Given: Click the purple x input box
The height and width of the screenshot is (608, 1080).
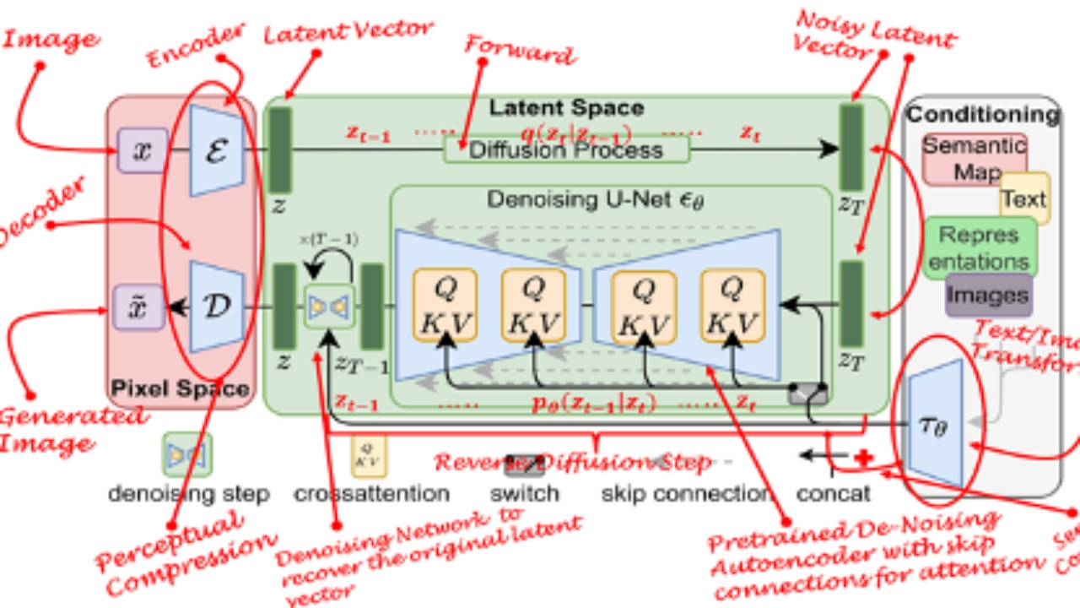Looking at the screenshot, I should point(143,150).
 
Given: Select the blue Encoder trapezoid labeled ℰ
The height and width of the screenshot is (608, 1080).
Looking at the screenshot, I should point(217,151).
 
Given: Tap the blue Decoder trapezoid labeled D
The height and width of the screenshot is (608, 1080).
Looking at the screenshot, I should point(217,306).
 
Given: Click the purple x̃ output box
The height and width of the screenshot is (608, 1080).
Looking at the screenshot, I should point(139,307).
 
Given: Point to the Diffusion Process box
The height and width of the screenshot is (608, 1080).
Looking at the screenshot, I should point(566,150).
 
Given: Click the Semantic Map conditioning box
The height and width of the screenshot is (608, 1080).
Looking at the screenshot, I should point(975,158).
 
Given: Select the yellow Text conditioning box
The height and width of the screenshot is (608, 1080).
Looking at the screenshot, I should point(1024,199).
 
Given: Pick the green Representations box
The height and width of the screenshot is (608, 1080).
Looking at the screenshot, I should point(979,247).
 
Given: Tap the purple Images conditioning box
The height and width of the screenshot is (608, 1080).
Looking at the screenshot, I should point(988,296).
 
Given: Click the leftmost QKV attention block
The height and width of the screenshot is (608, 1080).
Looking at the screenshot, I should point(445,306).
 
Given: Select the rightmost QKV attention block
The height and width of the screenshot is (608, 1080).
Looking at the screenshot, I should point(732,306).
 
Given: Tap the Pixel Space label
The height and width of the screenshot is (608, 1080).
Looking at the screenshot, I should point(181,389).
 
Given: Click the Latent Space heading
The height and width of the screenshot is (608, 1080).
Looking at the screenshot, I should point(566,108).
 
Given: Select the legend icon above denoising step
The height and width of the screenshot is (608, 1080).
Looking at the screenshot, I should point(186,454).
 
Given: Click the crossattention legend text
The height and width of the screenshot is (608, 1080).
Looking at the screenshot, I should point(371,493).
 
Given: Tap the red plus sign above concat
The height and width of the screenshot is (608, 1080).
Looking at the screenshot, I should point(862,458).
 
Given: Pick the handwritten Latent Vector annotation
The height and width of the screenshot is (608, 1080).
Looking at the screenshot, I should point(348,32).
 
